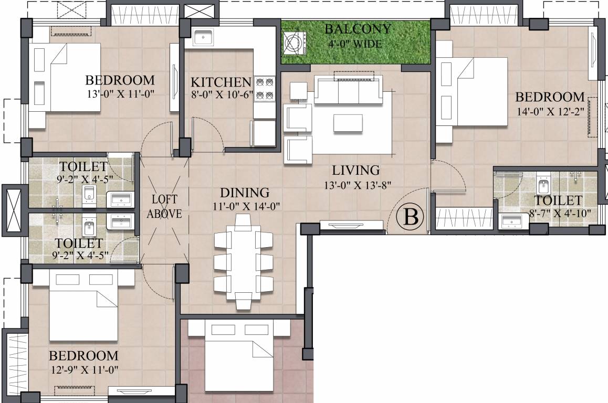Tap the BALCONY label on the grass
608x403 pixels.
[x=358, y=29]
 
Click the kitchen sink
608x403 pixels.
[x=203, y=37]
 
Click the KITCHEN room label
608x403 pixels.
[x=221, y=82]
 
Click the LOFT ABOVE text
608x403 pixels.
[x=164, y=206]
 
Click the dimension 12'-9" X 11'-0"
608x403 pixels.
[x=83, y=369]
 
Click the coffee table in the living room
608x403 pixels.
[x=349, y=123]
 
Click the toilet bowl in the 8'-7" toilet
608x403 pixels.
[x=543, y=186]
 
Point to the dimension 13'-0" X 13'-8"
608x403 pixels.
[x=355, y=184]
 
